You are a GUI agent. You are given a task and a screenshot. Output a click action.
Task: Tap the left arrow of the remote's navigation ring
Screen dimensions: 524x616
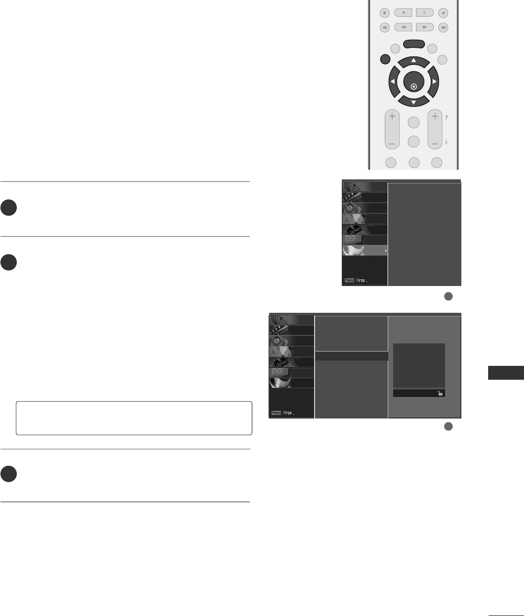pyautogui.click(x=393, y=82)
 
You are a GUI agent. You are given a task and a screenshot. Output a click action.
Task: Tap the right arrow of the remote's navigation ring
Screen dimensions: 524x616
pyautogui.click(x=434, y=82)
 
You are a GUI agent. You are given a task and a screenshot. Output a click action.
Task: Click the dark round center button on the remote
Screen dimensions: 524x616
pyautogui.click(x=414, y=83)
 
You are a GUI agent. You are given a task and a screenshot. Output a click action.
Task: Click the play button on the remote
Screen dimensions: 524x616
pyautogui.click(x=404, y=13)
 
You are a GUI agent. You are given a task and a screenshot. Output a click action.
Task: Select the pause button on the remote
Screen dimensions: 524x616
pyautogui.click(x=424, y=13)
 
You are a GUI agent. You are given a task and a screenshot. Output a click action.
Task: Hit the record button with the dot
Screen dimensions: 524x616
pyautogui.click(x=444, y=13)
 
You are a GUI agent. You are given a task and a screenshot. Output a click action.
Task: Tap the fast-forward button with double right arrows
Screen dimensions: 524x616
pyautogui.click(x=424, y=27)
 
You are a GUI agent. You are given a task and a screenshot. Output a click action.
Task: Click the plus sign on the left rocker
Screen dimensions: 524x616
pyautogui.click(x=392, y=116)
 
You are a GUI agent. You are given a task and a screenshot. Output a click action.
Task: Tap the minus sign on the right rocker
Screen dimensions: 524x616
pyautogui.click(x=435, y=143)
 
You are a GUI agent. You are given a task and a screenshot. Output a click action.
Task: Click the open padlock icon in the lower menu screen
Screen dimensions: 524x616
pyautogui.click(x=440, y=393)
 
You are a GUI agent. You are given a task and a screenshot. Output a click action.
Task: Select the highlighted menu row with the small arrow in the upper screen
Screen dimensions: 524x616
pyautogui.click(x=365, y=251)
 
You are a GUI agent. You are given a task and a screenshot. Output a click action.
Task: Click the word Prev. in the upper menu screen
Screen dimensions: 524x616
pyautogui.click(x=362, y=280)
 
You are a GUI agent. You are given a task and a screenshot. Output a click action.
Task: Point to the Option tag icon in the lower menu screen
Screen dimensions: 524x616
pyautogui.click(x=281, y=362)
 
